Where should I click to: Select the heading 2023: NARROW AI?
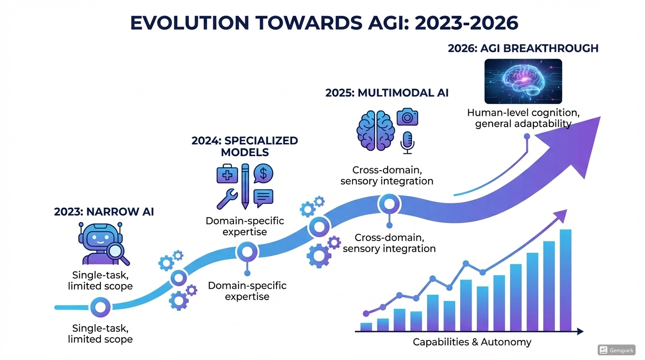(104, 212)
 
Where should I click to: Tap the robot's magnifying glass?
(116, 251)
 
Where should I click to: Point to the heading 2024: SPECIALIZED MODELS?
(245, 146)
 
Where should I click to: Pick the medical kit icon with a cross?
(227, 175)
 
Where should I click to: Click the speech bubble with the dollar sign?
(263, 174)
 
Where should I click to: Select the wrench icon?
(227, 198)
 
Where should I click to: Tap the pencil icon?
(245, 186)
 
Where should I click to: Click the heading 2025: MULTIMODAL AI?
(387, 93)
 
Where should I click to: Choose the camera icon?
(407, 117)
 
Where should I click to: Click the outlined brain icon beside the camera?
(375, 129)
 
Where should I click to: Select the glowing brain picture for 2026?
(523, 81)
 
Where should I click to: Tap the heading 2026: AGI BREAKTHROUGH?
(523, 48)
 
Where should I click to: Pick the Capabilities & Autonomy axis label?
(472, 342)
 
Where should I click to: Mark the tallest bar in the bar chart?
(565, 280)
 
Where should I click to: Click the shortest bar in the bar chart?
(366, 327)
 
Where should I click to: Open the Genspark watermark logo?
(616, 350)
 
